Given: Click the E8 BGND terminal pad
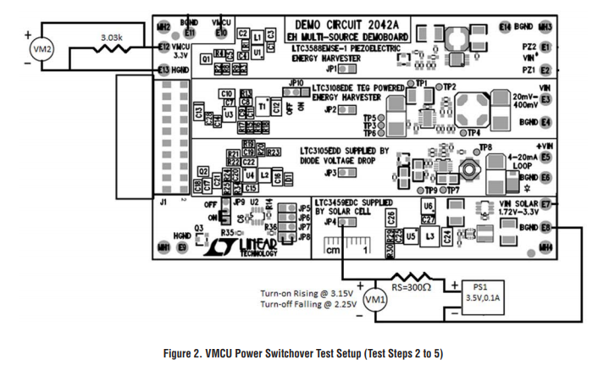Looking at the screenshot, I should point(545,227).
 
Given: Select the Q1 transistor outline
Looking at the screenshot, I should point(205,60).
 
